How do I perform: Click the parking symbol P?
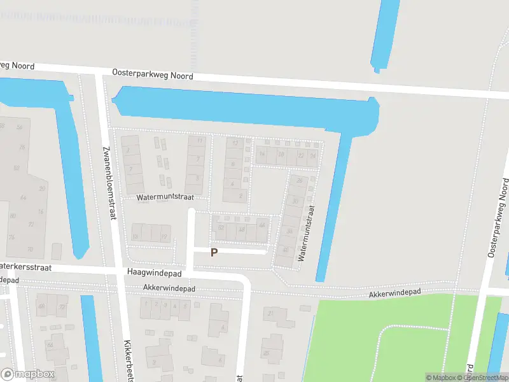[x=214, y=253]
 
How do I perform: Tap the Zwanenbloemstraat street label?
[x=109, y=182]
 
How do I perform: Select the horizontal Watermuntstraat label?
[x=165, y=198]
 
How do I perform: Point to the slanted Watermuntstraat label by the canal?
[x=306, y=233]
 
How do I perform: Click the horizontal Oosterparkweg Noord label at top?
[x=153, y=74]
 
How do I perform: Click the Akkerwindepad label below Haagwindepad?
[x=169, y=288]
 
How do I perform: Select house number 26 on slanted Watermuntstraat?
[x=298, y=181]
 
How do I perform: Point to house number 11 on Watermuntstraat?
[x=200, y=140]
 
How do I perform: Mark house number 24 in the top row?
[x=312, y=155]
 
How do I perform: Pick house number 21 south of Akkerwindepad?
[x=272, y=313]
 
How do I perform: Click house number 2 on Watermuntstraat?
[x=241, y=195]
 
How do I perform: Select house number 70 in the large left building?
[x=29, y=249]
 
